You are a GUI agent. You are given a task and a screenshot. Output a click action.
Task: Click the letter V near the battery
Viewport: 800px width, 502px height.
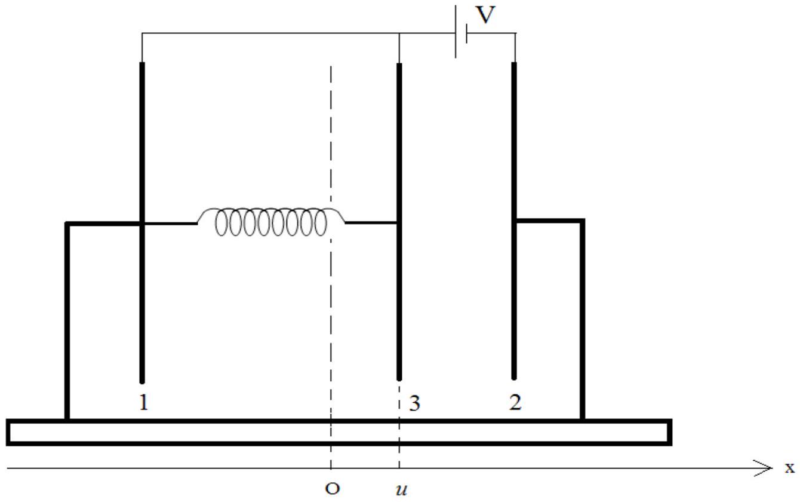485,15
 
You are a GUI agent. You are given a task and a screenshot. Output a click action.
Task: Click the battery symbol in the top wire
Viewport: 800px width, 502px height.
461,32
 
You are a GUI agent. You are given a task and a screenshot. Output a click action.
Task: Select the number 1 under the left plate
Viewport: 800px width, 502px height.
143,402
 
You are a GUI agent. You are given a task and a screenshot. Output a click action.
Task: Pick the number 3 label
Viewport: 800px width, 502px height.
414,403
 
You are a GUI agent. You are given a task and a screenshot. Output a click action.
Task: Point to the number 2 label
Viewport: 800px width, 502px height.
515,402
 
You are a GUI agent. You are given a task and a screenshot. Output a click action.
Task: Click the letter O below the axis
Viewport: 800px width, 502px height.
332,488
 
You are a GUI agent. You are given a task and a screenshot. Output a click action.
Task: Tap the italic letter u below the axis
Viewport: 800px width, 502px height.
401,490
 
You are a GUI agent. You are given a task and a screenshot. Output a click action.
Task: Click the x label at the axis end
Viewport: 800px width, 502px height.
790,468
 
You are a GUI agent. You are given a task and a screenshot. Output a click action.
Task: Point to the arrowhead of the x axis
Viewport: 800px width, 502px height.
768,468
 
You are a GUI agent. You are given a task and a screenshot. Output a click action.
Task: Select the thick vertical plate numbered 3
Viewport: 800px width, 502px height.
399,222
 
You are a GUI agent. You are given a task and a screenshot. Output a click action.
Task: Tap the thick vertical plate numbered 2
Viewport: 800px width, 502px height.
514,221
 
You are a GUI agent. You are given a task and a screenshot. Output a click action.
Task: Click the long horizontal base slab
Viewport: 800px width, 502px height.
339,432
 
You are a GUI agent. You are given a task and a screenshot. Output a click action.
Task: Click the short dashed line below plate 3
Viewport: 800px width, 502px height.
399,426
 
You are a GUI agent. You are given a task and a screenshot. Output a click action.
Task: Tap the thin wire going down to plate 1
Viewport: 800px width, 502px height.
142,48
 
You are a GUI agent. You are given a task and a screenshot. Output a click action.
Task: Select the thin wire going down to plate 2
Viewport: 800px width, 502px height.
515,48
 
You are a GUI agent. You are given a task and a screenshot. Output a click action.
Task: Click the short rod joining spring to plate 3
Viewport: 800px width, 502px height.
371,223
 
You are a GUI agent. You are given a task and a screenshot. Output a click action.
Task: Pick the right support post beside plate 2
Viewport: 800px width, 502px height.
582,319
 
